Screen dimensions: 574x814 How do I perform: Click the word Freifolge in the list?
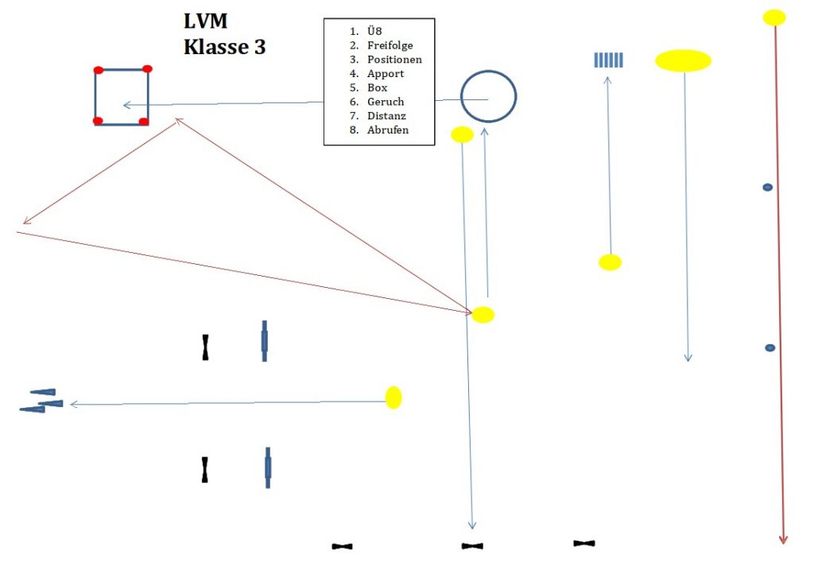coord(390,45)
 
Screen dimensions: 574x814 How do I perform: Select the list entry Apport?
coord(386,73)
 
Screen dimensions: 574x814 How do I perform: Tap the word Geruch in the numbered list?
coord(386,102)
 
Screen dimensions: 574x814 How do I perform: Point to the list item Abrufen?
coord(388,130)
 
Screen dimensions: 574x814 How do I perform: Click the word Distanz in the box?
coord(386,116)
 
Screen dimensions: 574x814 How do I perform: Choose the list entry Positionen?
coord(394,60)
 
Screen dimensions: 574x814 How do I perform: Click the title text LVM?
coord(205,22)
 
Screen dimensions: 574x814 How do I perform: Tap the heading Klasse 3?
coord(224,47)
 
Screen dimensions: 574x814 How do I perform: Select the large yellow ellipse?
coord(683,60)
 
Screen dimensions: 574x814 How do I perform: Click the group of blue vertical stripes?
coord(609,60)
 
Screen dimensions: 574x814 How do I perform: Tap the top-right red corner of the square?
coord(147,69)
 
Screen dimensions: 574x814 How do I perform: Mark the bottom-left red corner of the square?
coord(98,121)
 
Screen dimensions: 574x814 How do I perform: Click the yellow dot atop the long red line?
coord(774,17)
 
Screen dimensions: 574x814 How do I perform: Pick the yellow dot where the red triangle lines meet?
coord(483,315)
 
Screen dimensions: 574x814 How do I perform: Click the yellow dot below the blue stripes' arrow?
coord(610,262)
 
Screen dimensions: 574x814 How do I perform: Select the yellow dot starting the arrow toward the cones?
coord(393,398)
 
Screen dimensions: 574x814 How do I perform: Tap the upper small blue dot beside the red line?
coord(768,187)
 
